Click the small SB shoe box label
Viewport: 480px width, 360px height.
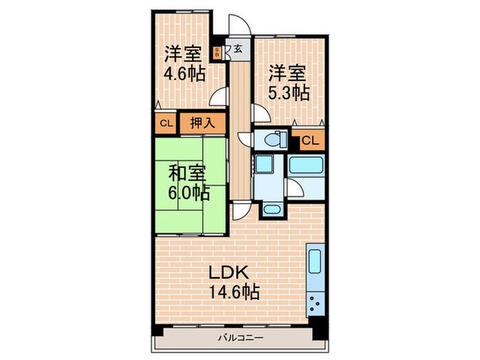(x=217, y=52)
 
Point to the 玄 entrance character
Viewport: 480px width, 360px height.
(x=237, y=49)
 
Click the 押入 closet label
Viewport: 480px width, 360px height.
(x=203, y=124)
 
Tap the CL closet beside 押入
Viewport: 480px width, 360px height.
(x=165, y=124)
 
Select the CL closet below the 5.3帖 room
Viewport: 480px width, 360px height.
(x=309, y=141)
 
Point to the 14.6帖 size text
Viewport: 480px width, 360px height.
(x=234, y=293)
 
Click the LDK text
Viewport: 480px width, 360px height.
(x=230, y=272)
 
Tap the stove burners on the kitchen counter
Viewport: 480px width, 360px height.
(x=316, y=301)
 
